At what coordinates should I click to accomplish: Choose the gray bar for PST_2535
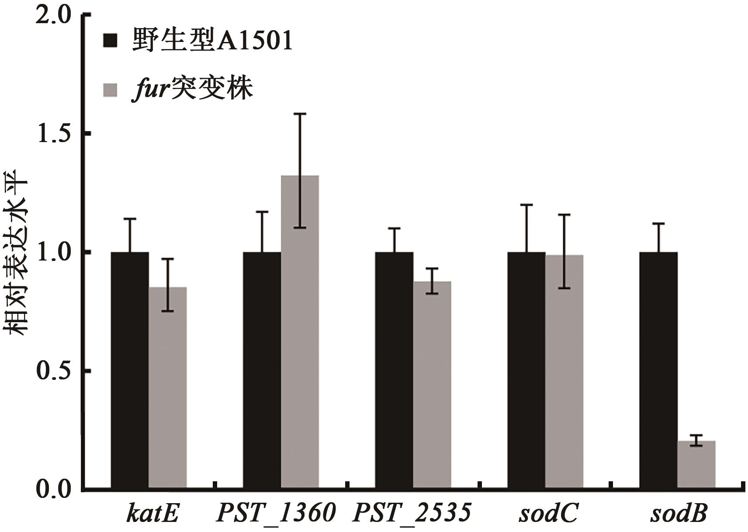(x=432, y=384)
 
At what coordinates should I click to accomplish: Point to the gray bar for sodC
(x=564, y=371)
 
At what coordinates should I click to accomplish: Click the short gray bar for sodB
(x=696, y=464)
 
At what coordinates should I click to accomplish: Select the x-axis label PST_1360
(x=276, y=513)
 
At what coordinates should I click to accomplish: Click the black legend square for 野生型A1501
(x=111, y=42)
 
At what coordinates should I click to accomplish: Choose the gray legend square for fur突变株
(x=111, y=89)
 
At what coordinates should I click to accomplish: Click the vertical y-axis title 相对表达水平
(x=17, y=252)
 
